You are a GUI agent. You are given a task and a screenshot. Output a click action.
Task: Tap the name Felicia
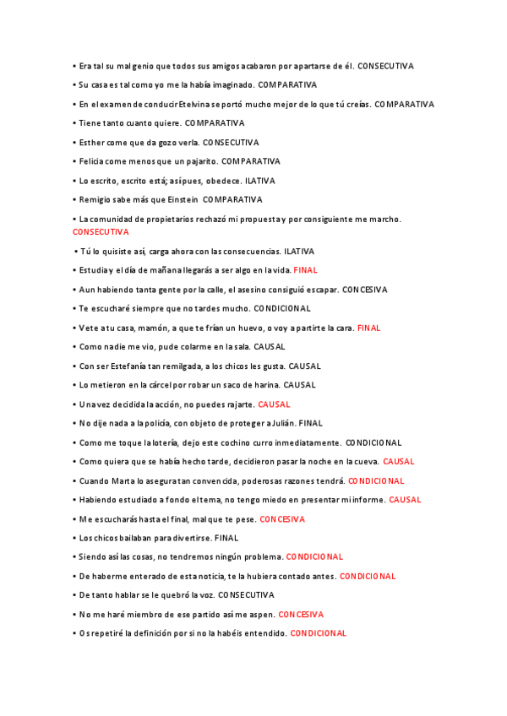click(x=93, y=161)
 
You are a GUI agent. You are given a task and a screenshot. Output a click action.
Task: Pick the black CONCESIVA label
click(x=365, y=290)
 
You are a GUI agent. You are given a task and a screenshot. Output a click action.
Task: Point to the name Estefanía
click(x=139, y=366)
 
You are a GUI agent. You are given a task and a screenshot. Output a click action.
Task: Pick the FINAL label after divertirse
click(x=226, y=538)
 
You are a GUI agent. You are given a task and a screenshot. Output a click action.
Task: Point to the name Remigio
click(x=95, y=200)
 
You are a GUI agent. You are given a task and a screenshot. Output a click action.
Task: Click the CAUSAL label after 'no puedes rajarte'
click(x=274, y=404)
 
